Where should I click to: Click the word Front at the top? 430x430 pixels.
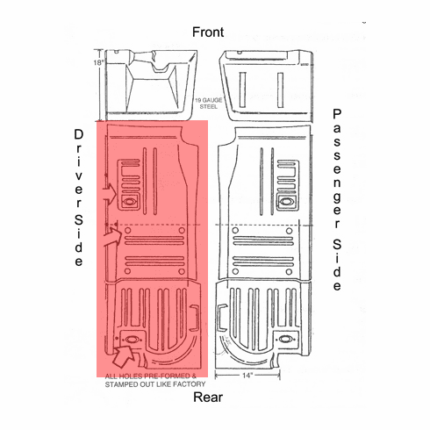[x=208, y=32]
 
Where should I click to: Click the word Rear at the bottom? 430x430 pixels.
[x=208, y=398]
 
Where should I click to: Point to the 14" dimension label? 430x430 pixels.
[x=247, y=376]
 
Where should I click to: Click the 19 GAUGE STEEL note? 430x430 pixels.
[x=209, y=104]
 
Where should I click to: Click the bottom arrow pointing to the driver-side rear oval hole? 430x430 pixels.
[x=123, y=355]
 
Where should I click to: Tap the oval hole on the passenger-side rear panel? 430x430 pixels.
[x=284, y=340]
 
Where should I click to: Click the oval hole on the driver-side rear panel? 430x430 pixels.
[x=131, y=340]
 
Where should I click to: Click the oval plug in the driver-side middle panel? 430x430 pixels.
[x=129, y=202]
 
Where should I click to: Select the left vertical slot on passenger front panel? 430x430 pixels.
[x=242, y=90]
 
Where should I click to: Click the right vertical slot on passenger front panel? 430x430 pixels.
[x=281, y=90]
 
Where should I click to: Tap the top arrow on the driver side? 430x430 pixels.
[x=110, y=193]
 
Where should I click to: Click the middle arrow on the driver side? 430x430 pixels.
[x=112, y=237]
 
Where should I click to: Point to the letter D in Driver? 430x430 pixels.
[x=79, y=135]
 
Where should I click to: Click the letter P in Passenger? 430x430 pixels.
[x=337, y=114]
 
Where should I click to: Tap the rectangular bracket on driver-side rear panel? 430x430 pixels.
[x=195, y=319]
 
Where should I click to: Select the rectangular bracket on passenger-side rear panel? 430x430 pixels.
[x=222, y=318]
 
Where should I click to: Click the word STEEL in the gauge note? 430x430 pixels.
[x=209, y=107]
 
